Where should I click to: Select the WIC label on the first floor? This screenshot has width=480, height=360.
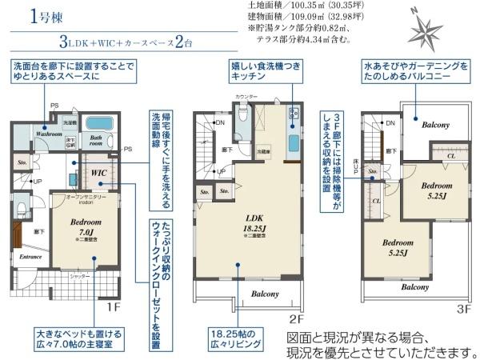tap(98, 173)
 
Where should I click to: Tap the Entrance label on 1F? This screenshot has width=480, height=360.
tap(31, 258)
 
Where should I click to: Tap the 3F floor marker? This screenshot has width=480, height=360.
tap(464, 308)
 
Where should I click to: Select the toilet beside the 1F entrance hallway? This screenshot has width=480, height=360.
tap(21, 210)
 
